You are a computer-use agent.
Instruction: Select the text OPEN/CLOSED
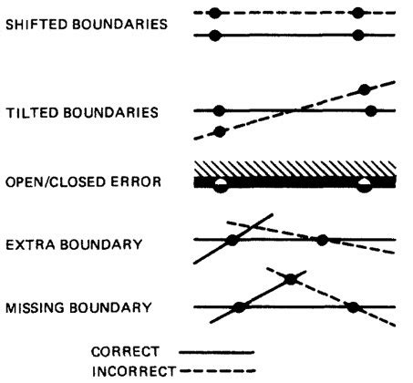coord(56,181)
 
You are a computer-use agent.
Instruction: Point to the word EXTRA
coord(30,244)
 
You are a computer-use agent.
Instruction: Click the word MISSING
coord(35,307)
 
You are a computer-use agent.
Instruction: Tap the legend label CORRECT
coord(125,352)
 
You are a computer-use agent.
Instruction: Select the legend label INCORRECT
coord(134,371)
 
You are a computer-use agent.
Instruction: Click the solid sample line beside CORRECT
coord(217,353)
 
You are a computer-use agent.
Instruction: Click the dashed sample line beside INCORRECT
coord(218,371)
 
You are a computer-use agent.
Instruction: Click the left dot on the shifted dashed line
coord(215,13)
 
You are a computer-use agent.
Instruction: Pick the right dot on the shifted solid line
coord(358,36)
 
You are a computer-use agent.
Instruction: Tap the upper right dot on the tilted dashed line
coord(364,89)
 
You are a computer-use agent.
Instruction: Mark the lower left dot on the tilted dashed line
coord(220,132)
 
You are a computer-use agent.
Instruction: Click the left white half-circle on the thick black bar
coord(221,186)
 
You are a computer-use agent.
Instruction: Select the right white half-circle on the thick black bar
coord(364,186)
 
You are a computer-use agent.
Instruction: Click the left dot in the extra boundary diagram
coord(232,240)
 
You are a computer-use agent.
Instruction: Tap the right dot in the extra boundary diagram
coord(322,240)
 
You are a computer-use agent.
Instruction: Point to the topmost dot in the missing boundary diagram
coord(291,279)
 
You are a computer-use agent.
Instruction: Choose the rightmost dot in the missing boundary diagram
coord(353,307)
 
